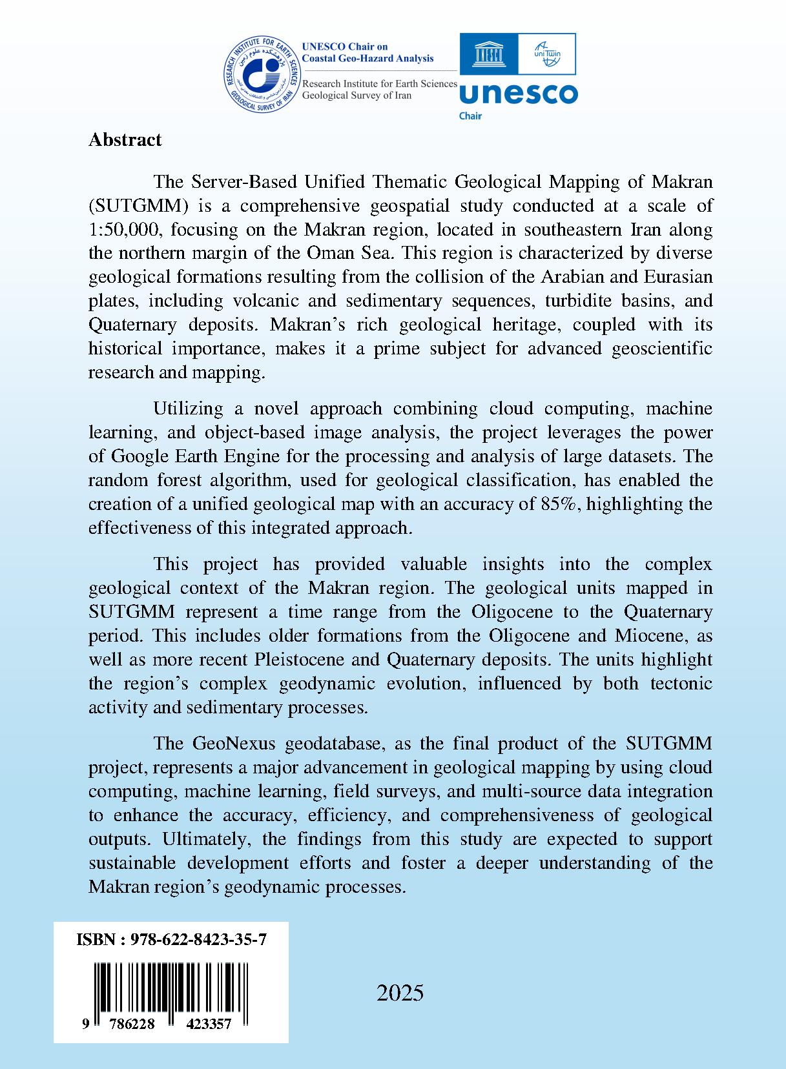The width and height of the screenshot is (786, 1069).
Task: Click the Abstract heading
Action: pos(125,140)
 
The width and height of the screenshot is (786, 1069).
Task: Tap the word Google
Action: pos(141,456)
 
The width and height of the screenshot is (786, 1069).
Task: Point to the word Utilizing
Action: pos(188,409)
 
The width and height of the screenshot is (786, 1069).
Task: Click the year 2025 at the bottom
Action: pos(400,993)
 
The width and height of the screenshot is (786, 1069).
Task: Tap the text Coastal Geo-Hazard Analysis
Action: pos(368,58)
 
